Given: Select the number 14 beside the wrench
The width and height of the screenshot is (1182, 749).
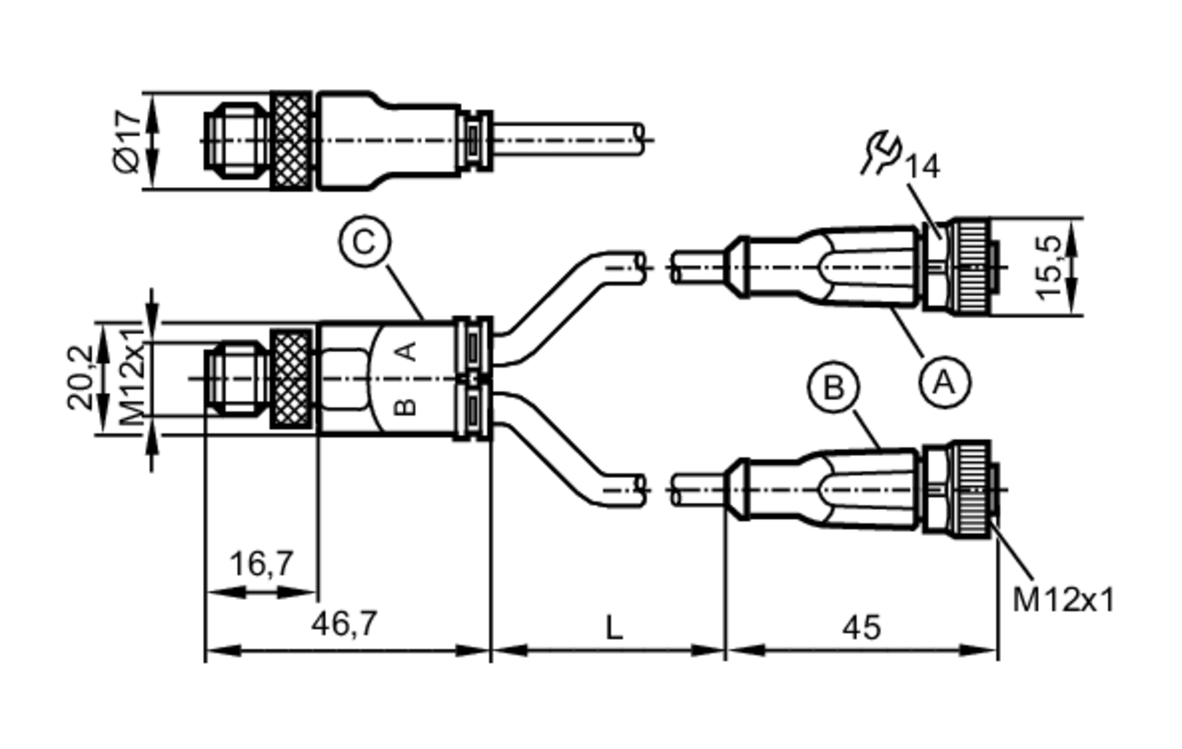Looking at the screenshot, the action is click(922, 167).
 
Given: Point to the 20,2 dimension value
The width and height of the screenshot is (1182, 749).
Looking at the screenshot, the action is click(80, 378).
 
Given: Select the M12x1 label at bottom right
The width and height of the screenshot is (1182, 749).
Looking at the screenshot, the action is click(1063, 600).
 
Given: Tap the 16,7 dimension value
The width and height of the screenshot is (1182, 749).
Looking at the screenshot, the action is click(261, 563).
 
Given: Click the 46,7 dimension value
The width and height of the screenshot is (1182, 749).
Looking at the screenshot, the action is click(344, 624).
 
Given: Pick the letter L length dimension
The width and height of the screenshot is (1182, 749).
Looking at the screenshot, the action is click(615, 628).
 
